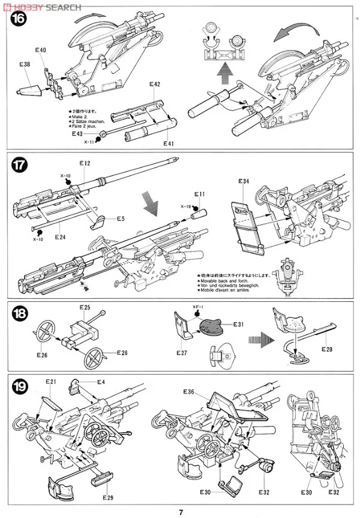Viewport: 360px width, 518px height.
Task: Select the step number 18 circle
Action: (20, 315)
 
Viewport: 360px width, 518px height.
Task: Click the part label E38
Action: (25, 64)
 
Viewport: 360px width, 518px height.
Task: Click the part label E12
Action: (84, 164)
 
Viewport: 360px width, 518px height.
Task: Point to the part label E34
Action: (244, 181)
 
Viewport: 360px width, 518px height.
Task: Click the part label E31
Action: (238, 325)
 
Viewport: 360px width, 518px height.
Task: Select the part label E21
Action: (50, 382)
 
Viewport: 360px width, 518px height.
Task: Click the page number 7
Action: (180, 511)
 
